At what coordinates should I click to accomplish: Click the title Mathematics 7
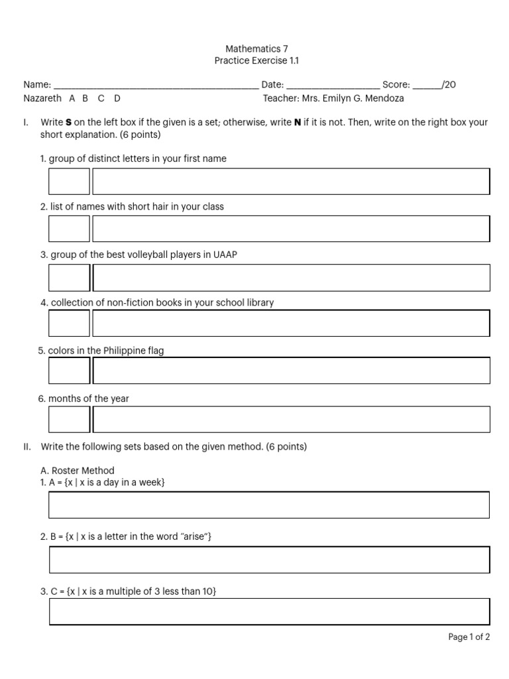(x=256, y=48)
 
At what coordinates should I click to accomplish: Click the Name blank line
(x=156, y=86)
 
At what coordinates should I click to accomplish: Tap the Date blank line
(x=333, y=86)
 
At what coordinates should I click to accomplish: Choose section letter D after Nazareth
(x=117, y=98)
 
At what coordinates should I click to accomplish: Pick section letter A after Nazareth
(x=72, y=98)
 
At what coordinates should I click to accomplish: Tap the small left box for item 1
(x=69, y=182)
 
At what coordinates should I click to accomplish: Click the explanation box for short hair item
(x=291, y=229)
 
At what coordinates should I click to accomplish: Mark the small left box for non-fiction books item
(x=69, y=323)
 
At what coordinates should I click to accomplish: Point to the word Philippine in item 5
(x=124, y=351)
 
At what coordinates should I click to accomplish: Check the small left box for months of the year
(x=69, y=419)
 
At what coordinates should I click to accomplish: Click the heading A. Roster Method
(x=78, y=471)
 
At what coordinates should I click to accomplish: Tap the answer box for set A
(x=269, y=505)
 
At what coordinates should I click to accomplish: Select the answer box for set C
(x=269, y=611)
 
